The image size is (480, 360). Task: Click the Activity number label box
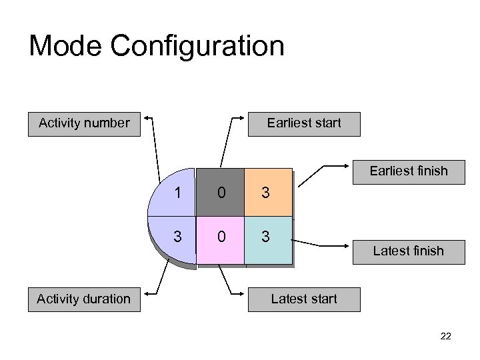(x=84, y=123)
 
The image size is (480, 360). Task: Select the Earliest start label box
(x=304, y=123)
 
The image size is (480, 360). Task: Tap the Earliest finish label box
(x=409, y=171)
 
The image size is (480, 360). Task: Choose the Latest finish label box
(x=408, y=251)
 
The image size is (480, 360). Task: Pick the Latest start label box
(x=304, y=299)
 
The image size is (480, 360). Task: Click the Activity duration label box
(x=84, y=299)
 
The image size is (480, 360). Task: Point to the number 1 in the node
(x=177, y=193)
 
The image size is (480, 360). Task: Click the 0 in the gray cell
(x=221, y=193)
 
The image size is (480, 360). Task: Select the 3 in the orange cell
(x=265, y=193)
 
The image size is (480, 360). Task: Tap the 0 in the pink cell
(x=221, y=236)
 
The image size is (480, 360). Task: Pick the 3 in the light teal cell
(x=265, y=236)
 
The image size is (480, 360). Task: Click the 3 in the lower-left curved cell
(x=177, y=236)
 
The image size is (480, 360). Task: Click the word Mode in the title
(x=65, y=46)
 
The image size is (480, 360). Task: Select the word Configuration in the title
(x=197, y=46)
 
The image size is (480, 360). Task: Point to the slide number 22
(x=445, y=337)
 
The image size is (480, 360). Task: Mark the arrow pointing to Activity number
(x=155, y=143)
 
